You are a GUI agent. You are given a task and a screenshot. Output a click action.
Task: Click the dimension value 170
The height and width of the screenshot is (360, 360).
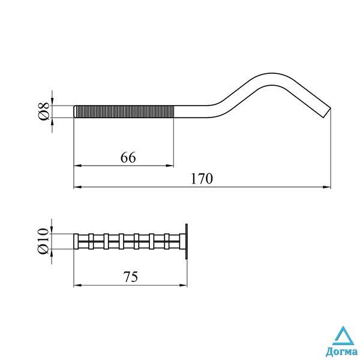(202, 179)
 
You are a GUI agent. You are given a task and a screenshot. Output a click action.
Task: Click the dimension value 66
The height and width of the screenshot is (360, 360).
(128, 157)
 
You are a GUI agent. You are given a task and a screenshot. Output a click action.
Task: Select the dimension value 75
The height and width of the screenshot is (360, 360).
(131, 277)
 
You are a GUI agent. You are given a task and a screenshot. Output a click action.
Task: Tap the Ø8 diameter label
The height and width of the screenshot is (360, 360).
(43, 112)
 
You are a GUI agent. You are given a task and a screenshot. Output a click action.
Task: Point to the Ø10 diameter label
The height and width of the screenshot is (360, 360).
(43, 241)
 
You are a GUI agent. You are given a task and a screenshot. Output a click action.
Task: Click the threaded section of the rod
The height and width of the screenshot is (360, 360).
(125, 112)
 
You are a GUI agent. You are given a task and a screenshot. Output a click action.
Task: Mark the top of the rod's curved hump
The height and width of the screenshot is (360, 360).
(272, 73)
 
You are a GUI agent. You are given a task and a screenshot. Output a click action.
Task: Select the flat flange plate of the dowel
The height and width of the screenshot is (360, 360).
(187, 241)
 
